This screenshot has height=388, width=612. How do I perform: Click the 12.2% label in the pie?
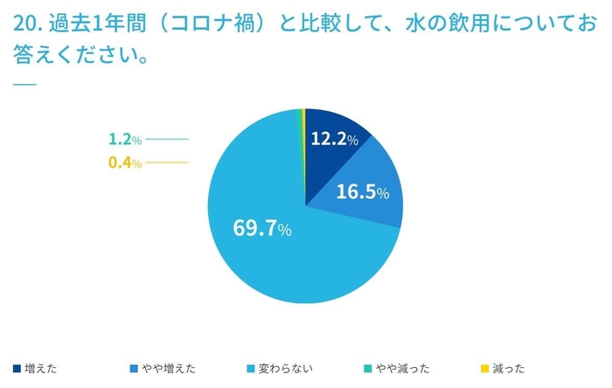(x=335, y=137)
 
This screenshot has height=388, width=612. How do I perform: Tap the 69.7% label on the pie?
(x=261, y=229)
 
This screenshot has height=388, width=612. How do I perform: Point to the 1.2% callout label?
(x=124, y=139)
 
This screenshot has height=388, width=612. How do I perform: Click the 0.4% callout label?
(x=124, y=163)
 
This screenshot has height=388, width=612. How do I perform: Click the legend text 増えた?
(x=42, y=368)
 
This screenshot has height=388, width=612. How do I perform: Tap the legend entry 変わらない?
(x=287, y=368)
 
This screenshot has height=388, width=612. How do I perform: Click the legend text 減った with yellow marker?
(x=510, y=368)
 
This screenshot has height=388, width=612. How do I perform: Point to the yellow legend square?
(x=486, y=368)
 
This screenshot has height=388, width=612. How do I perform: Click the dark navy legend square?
(x=17, y=368)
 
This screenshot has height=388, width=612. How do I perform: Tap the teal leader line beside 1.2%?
(x=167, y=139)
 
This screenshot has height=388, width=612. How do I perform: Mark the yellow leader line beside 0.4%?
(x=167, y=163)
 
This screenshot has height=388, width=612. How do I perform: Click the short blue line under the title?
(x=24, y=84)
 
